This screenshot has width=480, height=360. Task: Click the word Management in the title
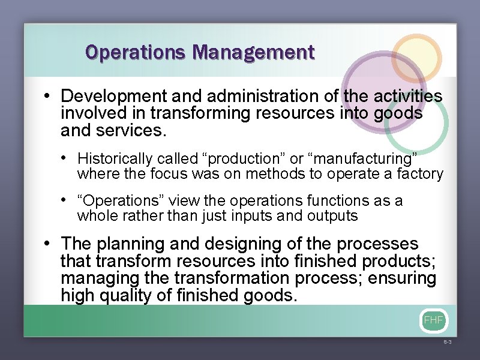(x=254, y=53)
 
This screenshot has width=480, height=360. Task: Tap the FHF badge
(x=433, y=320)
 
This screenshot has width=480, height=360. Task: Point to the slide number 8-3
(x=447, y=341)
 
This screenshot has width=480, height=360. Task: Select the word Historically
(x=115, y=159)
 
